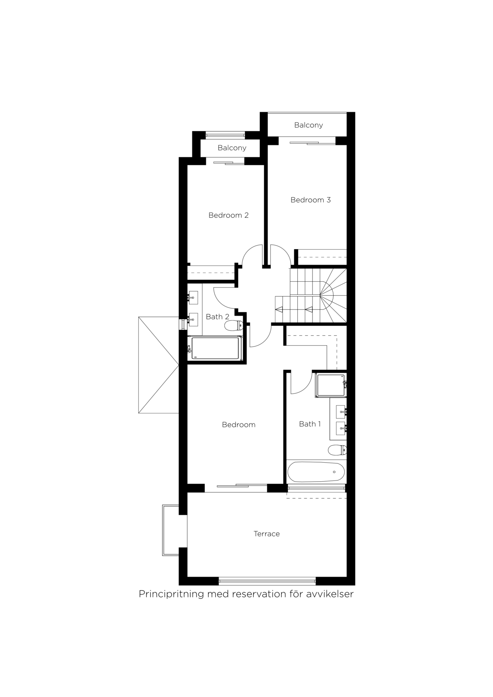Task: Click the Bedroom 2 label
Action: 228,215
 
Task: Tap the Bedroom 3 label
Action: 311,200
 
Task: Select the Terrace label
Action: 266,534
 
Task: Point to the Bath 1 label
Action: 310,424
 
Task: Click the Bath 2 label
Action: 217,317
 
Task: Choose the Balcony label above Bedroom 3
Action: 308,125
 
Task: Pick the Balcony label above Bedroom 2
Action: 232,148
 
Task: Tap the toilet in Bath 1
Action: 337,450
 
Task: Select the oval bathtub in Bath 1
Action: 316,472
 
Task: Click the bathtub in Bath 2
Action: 216,348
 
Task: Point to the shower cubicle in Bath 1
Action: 330,385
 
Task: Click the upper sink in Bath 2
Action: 194,297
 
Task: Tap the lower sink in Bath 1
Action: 341,428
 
